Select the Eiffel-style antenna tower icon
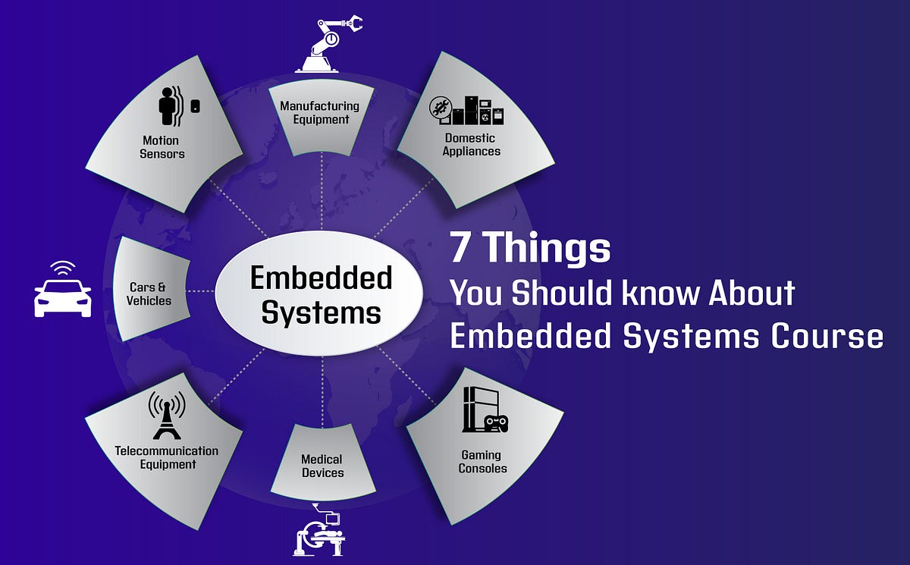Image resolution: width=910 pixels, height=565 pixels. (x=167, y=416)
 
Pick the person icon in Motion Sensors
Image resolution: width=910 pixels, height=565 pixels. (x=168, y=107)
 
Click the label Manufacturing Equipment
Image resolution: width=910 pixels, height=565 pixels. (x=319, y=112)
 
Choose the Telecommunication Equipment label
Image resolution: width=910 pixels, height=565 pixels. (x=167, y=457)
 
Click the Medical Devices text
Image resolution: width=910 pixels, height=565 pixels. (x=322, y=466)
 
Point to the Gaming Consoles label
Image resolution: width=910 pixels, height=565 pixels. (x=482, y=461)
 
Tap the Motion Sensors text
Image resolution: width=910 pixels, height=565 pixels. (x=162, y=147)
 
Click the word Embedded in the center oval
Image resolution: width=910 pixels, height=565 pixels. (x=321, y=278)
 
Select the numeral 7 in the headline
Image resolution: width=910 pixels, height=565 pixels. (x=460, y=247)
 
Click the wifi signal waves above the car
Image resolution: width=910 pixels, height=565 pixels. (x=63, y=268)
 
